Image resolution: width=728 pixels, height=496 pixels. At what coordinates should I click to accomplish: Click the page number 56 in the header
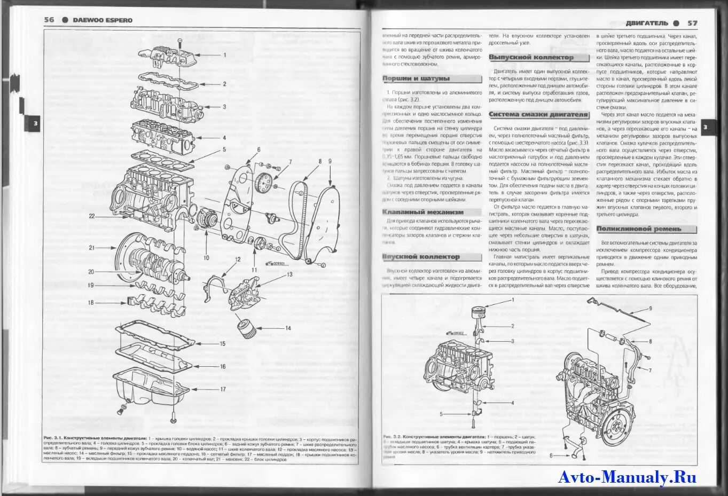click(49, 20)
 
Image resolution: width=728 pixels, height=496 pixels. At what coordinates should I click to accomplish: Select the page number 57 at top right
click(692, 23)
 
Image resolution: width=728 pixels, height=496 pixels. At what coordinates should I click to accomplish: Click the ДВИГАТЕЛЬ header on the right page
click(646, 23)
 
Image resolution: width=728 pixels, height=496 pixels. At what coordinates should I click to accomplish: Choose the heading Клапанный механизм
click(423, 212)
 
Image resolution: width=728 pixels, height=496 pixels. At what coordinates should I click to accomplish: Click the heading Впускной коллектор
click(421, 257)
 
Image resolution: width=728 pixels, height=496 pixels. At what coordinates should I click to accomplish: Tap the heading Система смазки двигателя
click(538, 114)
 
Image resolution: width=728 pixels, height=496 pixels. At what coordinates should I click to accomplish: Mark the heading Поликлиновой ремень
click(639, 229)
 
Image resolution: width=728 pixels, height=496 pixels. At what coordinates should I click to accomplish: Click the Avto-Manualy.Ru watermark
click(627, 477)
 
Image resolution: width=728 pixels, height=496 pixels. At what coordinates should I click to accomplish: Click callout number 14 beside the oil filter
click(288, 328)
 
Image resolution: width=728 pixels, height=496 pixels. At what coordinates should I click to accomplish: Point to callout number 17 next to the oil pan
click(223, 389)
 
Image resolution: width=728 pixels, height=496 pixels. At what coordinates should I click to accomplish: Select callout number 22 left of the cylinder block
click(92, 216)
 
